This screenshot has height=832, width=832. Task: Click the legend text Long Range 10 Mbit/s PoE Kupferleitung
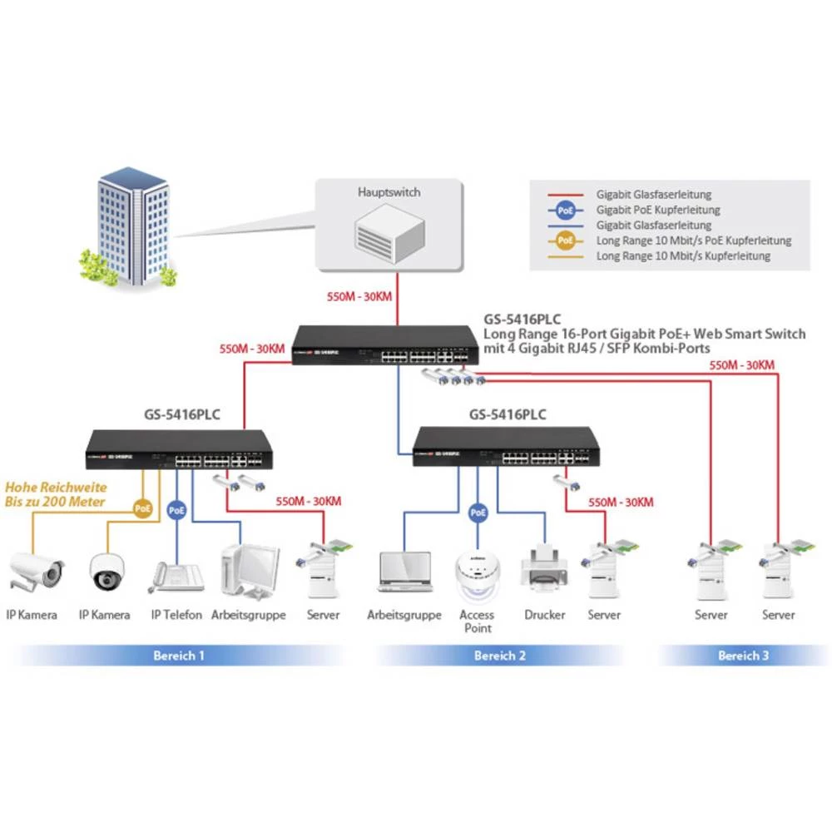click(693, 240)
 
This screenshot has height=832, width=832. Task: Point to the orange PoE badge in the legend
click(566, 240)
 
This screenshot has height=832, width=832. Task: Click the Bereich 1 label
click(179, 656)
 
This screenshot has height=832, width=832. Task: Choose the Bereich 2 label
click(500, 656)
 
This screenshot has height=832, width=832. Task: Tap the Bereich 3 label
click(743, 656)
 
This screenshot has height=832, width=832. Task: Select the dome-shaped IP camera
click(106, 571)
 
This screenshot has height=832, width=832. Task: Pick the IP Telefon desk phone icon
click(176, 577)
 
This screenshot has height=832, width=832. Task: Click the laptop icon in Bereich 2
click(404, 572)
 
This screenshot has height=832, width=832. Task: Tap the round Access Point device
click(478, 574)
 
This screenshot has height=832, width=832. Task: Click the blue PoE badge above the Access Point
click(478, 513)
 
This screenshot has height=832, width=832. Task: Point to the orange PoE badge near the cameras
click(143, 506)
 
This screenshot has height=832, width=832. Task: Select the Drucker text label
click(544, 615)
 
